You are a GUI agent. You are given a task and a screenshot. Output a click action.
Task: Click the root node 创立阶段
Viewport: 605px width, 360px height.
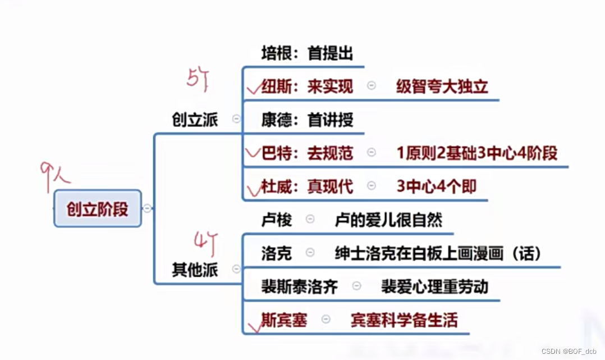(x=98, y=209)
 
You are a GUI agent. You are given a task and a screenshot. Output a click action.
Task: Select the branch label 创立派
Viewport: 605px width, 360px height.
(x=195, y=119)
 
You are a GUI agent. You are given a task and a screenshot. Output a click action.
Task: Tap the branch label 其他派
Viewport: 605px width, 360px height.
(x=195, y=270)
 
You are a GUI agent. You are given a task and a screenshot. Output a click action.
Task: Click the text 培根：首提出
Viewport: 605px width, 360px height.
(x=307, y=53)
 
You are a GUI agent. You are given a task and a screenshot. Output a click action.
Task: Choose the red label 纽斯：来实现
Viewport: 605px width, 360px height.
(x=307, y=86)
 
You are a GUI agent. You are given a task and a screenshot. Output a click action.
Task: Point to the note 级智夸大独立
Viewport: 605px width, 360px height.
(x=442, y=86)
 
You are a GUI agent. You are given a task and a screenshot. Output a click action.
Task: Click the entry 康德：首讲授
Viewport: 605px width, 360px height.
(x=307, y=120)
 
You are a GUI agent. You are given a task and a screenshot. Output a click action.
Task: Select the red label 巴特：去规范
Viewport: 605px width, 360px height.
(x=307, y=153)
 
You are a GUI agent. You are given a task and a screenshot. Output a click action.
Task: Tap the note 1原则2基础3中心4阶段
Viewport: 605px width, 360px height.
(x=477, y=153)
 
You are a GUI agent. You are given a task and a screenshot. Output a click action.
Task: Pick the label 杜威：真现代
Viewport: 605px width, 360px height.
(x=307, y=186)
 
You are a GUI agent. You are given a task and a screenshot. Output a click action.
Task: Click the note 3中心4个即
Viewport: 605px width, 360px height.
(x=436, y=186)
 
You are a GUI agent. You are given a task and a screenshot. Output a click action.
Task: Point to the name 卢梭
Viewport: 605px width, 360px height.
(x=277, y=220)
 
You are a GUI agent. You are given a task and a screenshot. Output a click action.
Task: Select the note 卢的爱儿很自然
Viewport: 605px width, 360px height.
(x=388, y=220)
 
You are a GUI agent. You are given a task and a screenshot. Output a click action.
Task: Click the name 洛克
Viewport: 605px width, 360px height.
(x=277, y=253)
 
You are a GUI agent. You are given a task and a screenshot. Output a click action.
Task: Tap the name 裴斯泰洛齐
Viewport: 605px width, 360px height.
(x=300, y=286)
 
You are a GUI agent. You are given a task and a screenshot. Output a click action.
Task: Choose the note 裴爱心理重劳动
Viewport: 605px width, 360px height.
(x=434, y=286)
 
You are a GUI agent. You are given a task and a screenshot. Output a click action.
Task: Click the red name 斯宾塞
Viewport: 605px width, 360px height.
(x=284, y=320)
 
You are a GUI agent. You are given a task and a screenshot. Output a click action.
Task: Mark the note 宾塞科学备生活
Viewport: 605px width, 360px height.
(x=404, y=320)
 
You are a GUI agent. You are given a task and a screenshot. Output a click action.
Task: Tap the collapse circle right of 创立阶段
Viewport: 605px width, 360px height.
(x=147, y=209)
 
